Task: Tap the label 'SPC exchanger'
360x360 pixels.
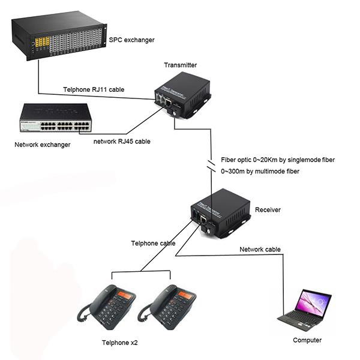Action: (131, 40)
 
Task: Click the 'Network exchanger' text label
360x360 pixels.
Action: (42, 145)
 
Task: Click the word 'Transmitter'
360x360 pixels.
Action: (180, 65)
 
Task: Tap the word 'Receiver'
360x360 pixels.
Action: (268, 210)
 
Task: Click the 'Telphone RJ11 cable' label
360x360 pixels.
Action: (94, 89)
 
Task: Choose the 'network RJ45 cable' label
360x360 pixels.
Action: (122, 142)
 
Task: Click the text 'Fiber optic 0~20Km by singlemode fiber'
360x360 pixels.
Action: (278, 160)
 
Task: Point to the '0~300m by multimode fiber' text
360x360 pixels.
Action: (260, 172)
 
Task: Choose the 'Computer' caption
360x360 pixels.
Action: (307, 340)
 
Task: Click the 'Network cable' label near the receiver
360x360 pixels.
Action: (260, 249)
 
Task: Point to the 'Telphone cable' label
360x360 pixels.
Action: (153, 244)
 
